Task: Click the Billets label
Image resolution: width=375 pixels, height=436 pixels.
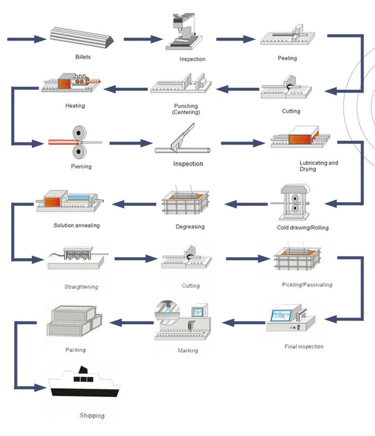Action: (x=83, y=56)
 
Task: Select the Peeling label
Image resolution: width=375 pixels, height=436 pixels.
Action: (x=287, y=58)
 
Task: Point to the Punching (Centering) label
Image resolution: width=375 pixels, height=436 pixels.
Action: (x=185, y=109)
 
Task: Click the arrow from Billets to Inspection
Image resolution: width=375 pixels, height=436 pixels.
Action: (x=142, y=39)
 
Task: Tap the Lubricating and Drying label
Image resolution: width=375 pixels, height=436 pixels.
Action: (x=319, y=166)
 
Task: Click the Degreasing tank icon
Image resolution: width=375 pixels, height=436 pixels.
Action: (x=185, y=204)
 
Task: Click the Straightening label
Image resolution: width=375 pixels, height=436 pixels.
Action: (x=81, y=287)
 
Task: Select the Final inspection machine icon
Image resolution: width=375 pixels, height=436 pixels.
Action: (x=290, y=321)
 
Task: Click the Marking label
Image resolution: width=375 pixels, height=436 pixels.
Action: (x=187, y=351)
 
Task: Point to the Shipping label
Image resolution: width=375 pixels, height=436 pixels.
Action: (x=92, y=416)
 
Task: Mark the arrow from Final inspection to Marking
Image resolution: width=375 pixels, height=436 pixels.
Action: (x=244, y=322)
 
